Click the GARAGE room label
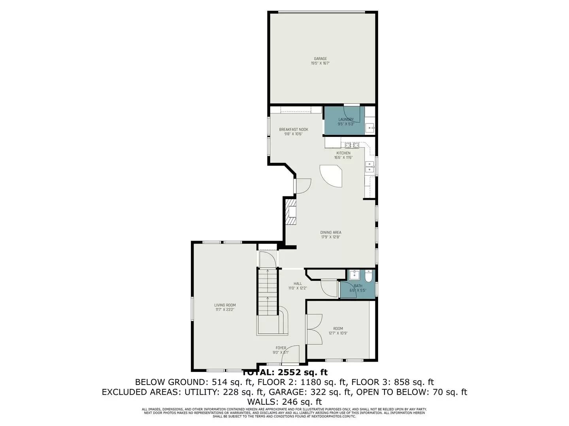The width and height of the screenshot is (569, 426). [x=320, y=59]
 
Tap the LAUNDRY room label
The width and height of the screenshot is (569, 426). [x=346, y=120]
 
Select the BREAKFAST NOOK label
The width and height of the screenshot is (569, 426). [x=293, y=129]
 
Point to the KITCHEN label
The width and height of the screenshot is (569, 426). [x=343, y=153]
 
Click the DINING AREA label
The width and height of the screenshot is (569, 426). [x=330, y=232]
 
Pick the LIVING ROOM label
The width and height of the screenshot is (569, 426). [x=225, y=305]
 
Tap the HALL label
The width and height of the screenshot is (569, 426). [x=298, y=284]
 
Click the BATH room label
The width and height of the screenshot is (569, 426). [x=358, y=286]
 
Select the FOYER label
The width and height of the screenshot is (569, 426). [x=281, y=348]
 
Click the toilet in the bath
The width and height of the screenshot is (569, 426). [x=368, y=277]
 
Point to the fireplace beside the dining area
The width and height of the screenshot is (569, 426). [x=291, y=212]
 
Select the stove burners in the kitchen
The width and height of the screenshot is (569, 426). [x=352, y=145]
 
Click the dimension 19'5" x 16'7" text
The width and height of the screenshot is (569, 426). [x=320, y=63]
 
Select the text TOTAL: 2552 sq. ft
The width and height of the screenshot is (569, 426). [x=284, y=372]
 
